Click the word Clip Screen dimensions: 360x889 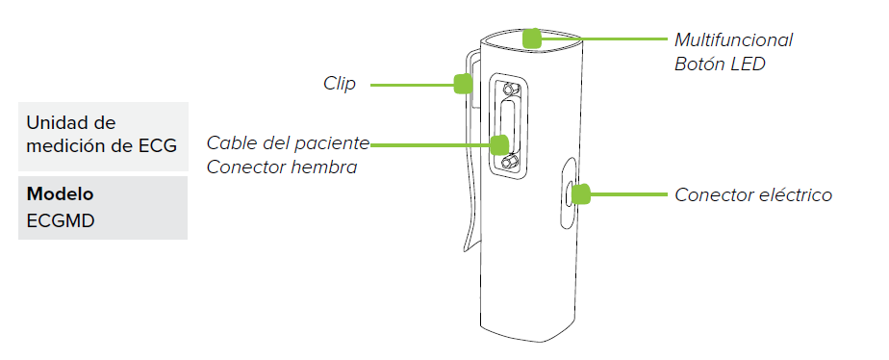point(339,85)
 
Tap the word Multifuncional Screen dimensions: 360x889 point(733,40)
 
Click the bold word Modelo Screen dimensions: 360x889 point(60,193)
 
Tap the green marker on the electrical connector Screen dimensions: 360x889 point(580,193)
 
